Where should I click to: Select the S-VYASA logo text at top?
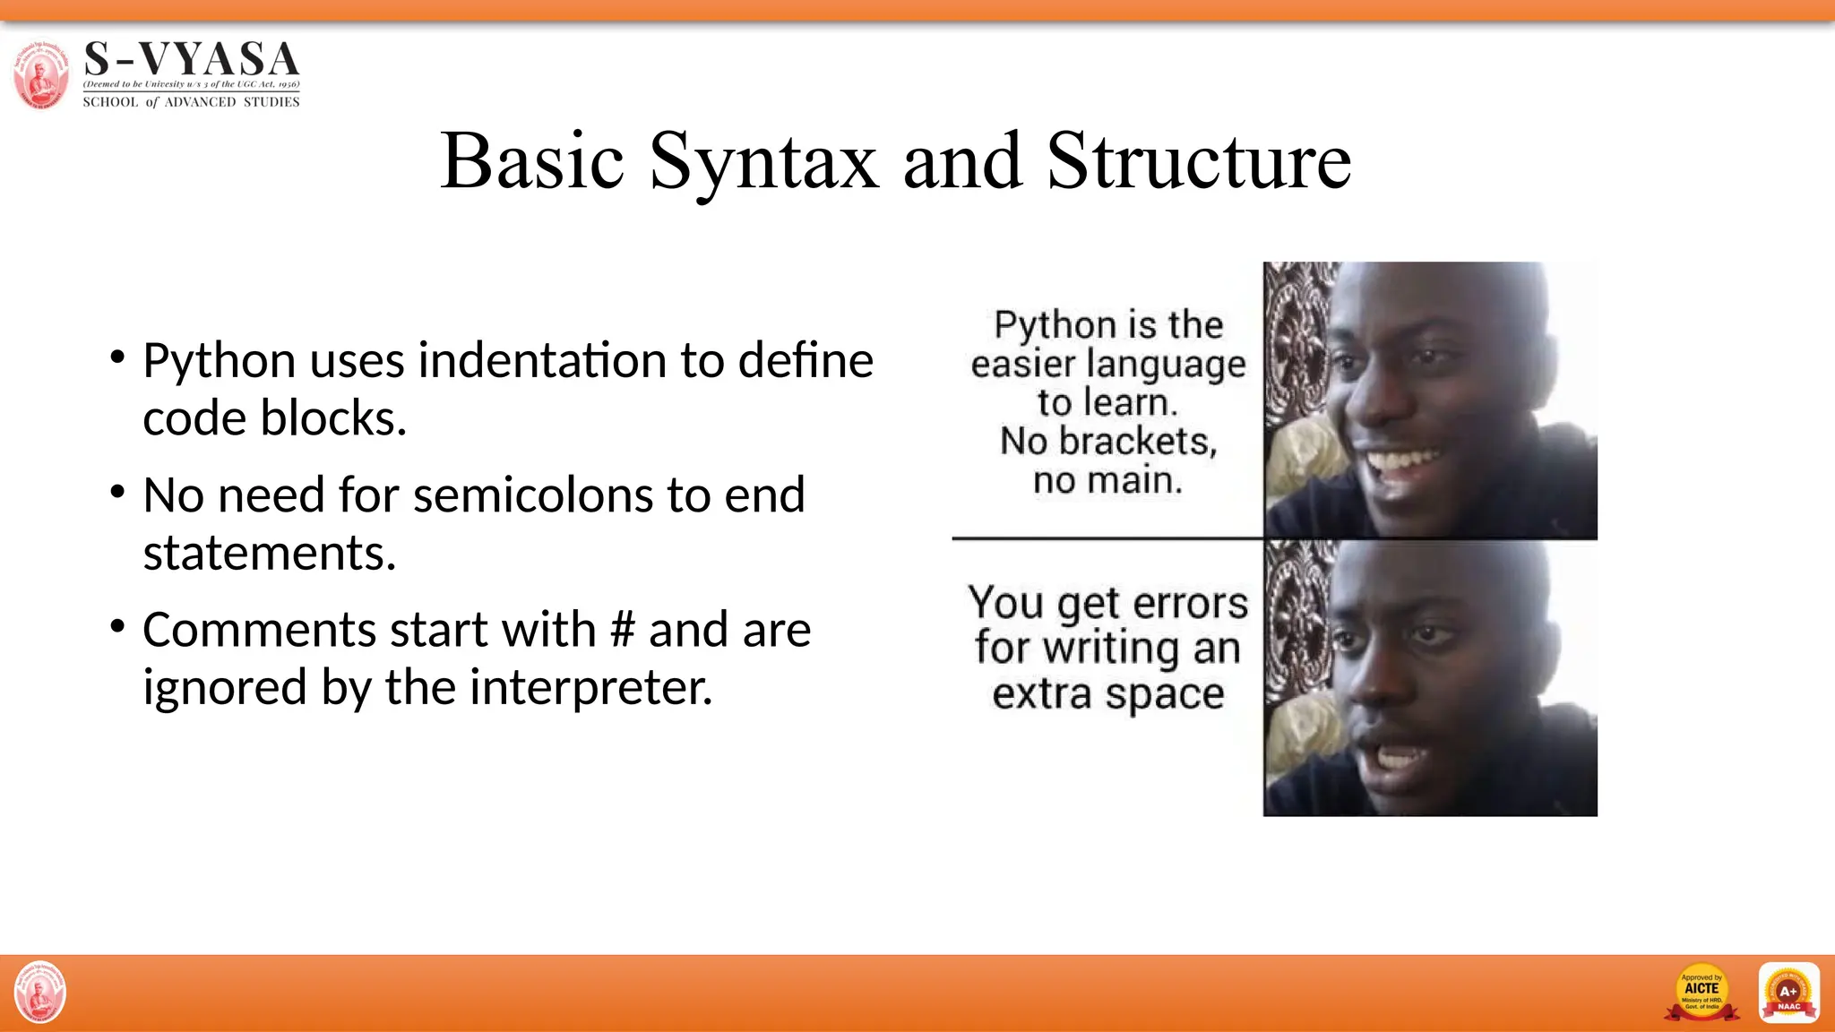pyautogui.click(x=191, y=59)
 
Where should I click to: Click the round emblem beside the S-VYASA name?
pyautogui.click(x=41, y=75)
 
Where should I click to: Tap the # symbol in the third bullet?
pyautogui.click(x=622, y=630)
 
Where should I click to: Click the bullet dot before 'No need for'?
pyautogui.click(x=117, y=492)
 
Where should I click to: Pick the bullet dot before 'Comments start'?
pyautogui.click(x=117, y=626)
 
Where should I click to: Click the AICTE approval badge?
pyautogui.click(x=1701, y=992)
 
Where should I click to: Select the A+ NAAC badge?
pyautogui.click(x=1788, y=992)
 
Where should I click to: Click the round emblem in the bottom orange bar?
pyautogui.click(x=40, y=992)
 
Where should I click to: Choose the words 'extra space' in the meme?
pyautogui.click(x=1107, y=693)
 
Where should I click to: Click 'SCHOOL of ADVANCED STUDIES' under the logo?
pyautogui.click(x=191, y=102)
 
